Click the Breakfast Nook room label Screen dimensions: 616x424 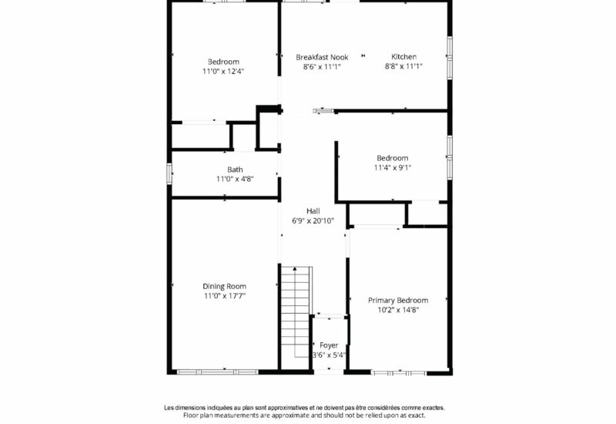(322, 57)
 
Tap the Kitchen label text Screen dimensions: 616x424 (403, 56)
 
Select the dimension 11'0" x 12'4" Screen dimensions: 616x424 (223, 71)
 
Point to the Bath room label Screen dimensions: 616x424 (235, 170)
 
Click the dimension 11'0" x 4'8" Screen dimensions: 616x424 (235, 179)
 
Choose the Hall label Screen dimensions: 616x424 (313, 211)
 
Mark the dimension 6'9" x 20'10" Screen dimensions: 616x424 (313, 221)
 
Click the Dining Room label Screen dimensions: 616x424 (224, 286)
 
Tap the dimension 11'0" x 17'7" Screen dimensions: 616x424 (224, 296)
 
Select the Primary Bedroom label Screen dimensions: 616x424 (398, 301)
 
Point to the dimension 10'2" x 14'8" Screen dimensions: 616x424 (398, 310)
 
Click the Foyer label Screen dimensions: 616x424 (329, 345)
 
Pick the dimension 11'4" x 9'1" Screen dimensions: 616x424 (393, 167)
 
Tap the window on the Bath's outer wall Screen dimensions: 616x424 (169, 173)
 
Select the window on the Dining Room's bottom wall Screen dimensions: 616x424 (217, 372)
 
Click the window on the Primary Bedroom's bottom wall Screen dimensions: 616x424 (399, 372)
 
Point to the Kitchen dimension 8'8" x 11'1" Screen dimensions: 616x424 (403, 66)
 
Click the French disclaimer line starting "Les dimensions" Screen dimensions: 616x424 (304, 408)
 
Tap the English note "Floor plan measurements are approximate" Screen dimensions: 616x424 (304, 416)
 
